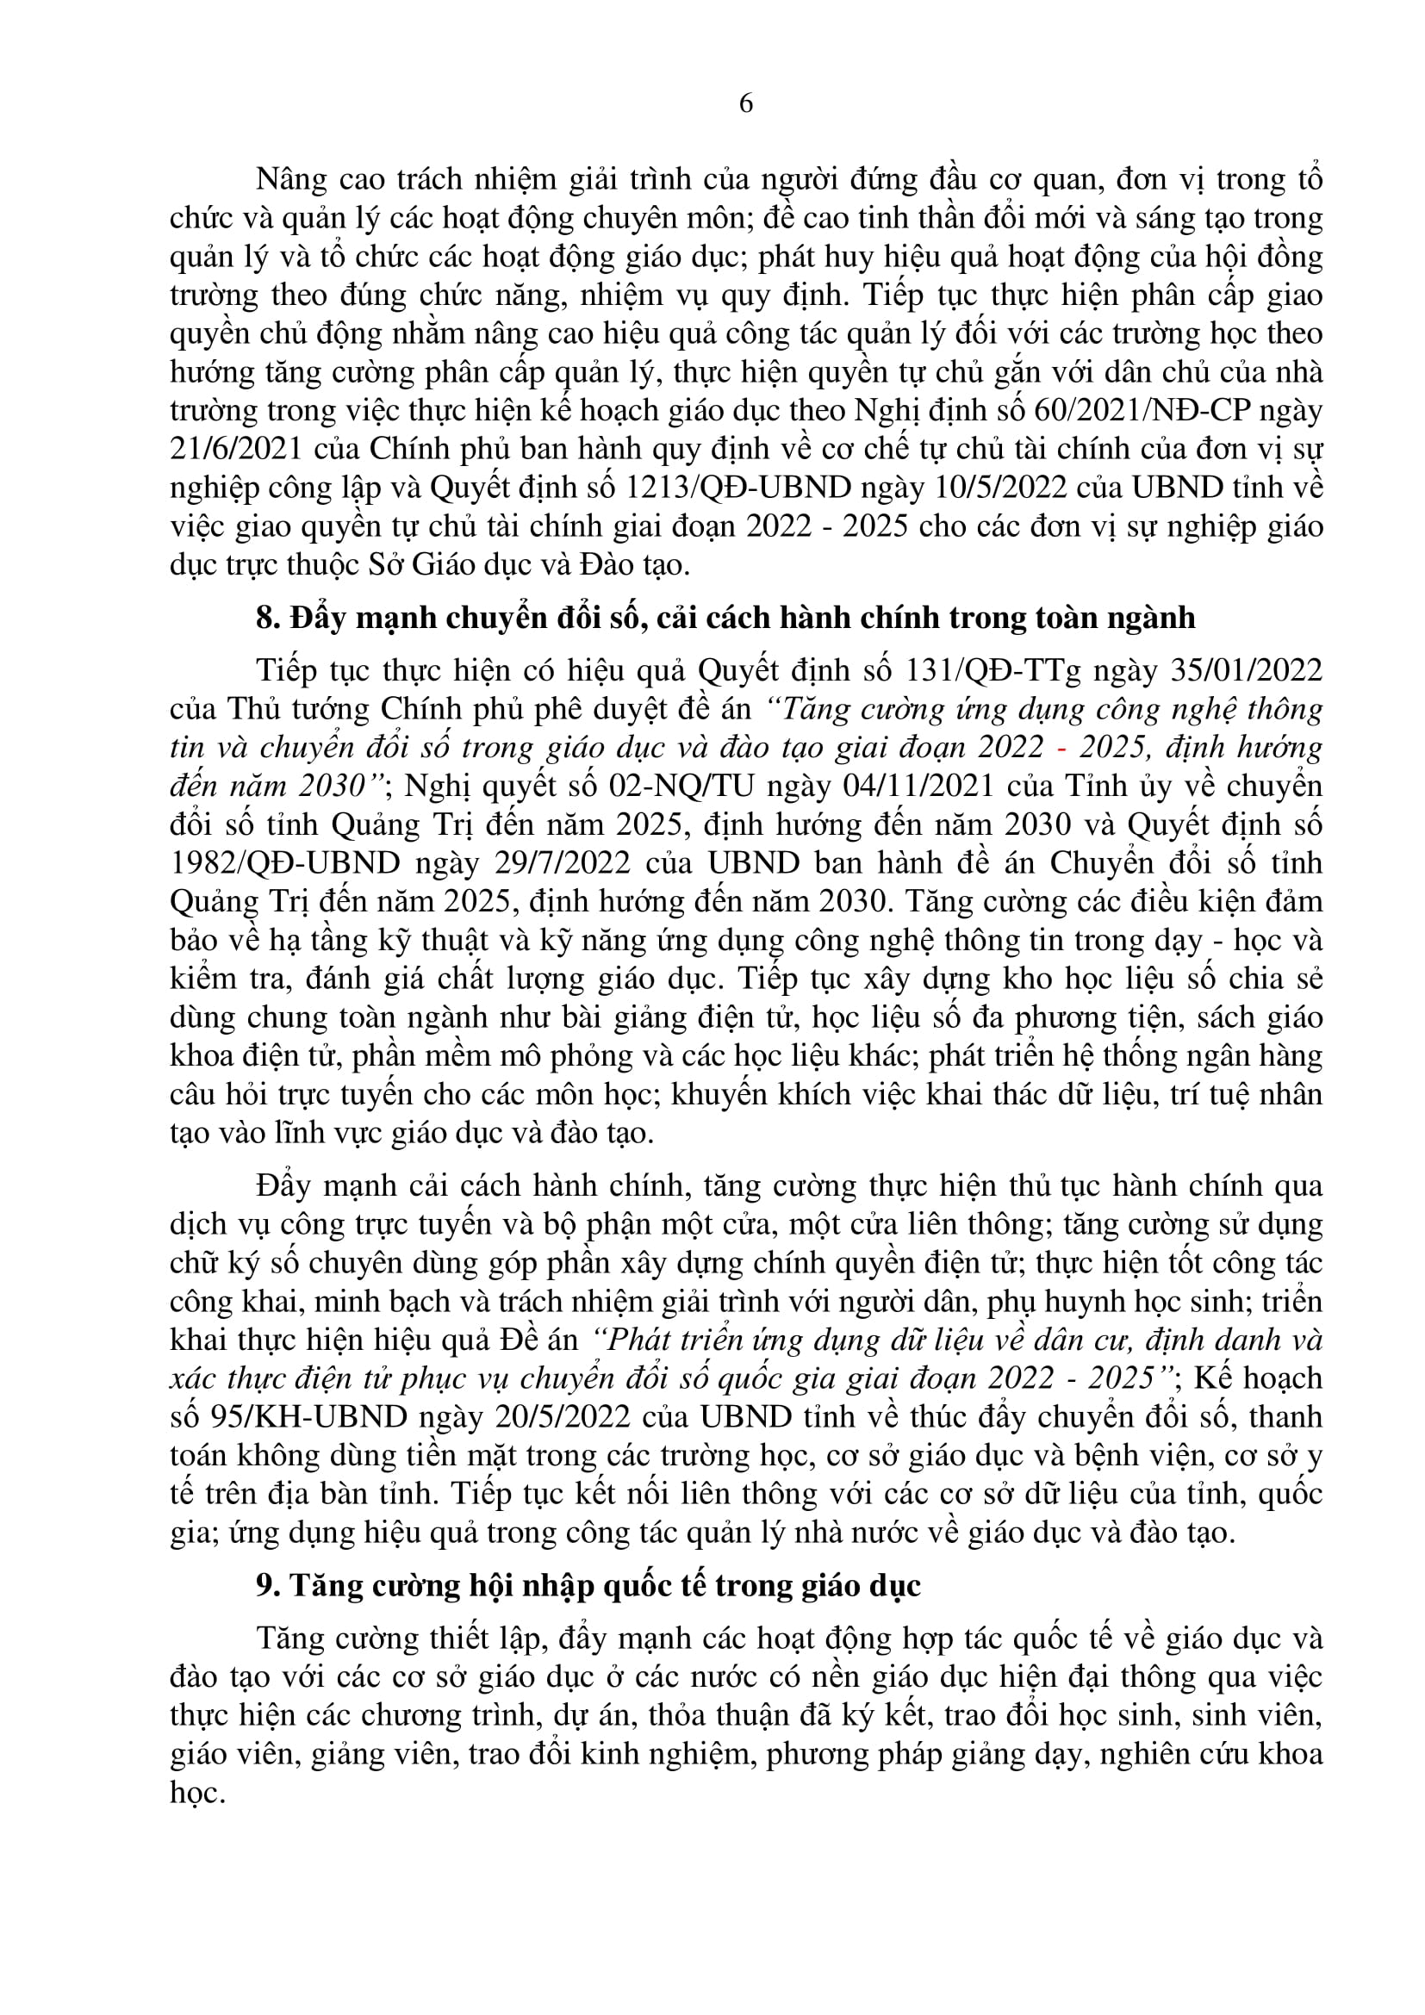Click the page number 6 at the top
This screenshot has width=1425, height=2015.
746,103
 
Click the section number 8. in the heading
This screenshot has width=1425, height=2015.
268,619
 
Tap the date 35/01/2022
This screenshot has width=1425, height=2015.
1246,670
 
